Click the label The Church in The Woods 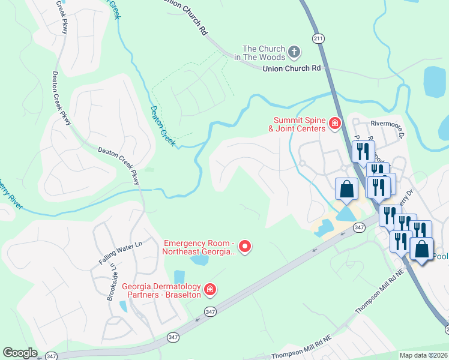click(264, 53)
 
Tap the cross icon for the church click(294, 52)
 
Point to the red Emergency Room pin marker click(244, 246)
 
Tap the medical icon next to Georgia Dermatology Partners click(210, 290)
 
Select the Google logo click(20, 353)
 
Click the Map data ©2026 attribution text click(423, 355)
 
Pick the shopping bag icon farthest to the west click(346, 189)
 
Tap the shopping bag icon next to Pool click(421, 248)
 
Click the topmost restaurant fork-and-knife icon click(363, 151)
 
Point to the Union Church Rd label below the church click(292, 69)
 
